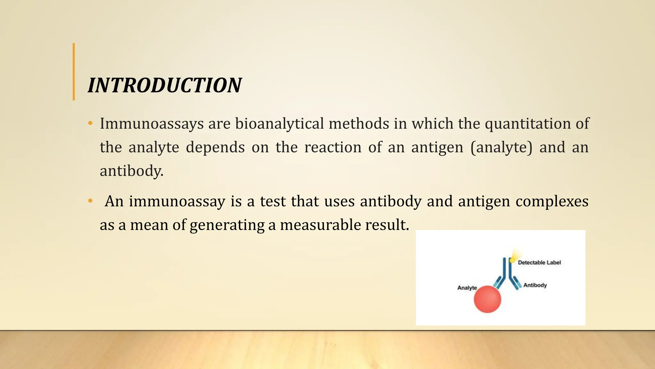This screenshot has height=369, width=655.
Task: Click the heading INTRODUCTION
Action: (165, 86)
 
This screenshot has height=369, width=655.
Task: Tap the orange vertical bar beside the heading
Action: (74, 72)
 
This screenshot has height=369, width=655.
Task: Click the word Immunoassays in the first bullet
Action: (152, 124)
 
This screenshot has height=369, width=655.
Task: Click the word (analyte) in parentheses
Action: (501, 147)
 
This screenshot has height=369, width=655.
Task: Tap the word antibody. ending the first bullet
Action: (131, 171)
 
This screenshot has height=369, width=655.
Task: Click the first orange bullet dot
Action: (90, 123)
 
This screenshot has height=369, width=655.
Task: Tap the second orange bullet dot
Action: (90, 201)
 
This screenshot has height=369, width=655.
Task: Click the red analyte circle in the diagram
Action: (487, 299)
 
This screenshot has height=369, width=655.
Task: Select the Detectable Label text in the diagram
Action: (539, 263)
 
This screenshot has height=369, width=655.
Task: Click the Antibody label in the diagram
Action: (535, 285)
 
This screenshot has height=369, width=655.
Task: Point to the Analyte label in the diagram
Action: (467, 288)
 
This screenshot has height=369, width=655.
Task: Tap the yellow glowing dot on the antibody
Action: (512, 260)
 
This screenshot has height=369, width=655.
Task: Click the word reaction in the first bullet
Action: (333, 147)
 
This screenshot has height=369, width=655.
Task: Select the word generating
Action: (227, 225)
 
